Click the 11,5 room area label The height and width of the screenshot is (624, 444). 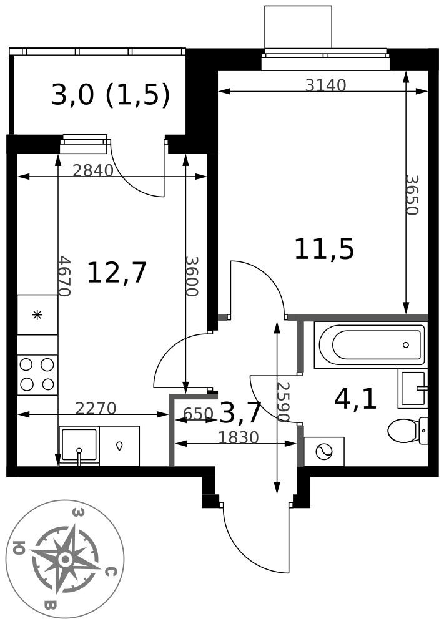[x=324, y=250]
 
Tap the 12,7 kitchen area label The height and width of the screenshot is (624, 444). [x=117, y=273]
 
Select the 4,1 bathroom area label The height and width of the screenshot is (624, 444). [x=355, y=399]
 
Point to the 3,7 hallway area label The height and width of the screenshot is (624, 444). [x=240, y=412]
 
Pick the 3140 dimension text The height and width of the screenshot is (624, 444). [x=326, y=85]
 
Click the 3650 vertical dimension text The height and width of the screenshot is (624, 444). [x=412, y=195]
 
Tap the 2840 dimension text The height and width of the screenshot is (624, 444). [x=93, y=171]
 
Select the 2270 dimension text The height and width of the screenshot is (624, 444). [x=96, y=408]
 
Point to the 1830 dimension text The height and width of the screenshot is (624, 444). [x=239, y=438]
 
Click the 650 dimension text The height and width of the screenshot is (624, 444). [x=198, y=414]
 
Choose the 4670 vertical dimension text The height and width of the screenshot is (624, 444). [x=64, y=276]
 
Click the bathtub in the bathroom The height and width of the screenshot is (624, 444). [x=370, y=344]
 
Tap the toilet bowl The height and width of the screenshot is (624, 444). [x=408, y=431]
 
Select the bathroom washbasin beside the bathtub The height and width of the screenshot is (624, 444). [x=413, y=388]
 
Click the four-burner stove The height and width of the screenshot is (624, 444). [x=37, y=374]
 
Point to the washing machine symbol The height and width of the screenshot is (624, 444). [x=323, y=451]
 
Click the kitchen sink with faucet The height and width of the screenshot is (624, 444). [x=79, y=446]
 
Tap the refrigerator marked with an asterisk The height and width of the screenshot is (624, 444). [x=37, y=314]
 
